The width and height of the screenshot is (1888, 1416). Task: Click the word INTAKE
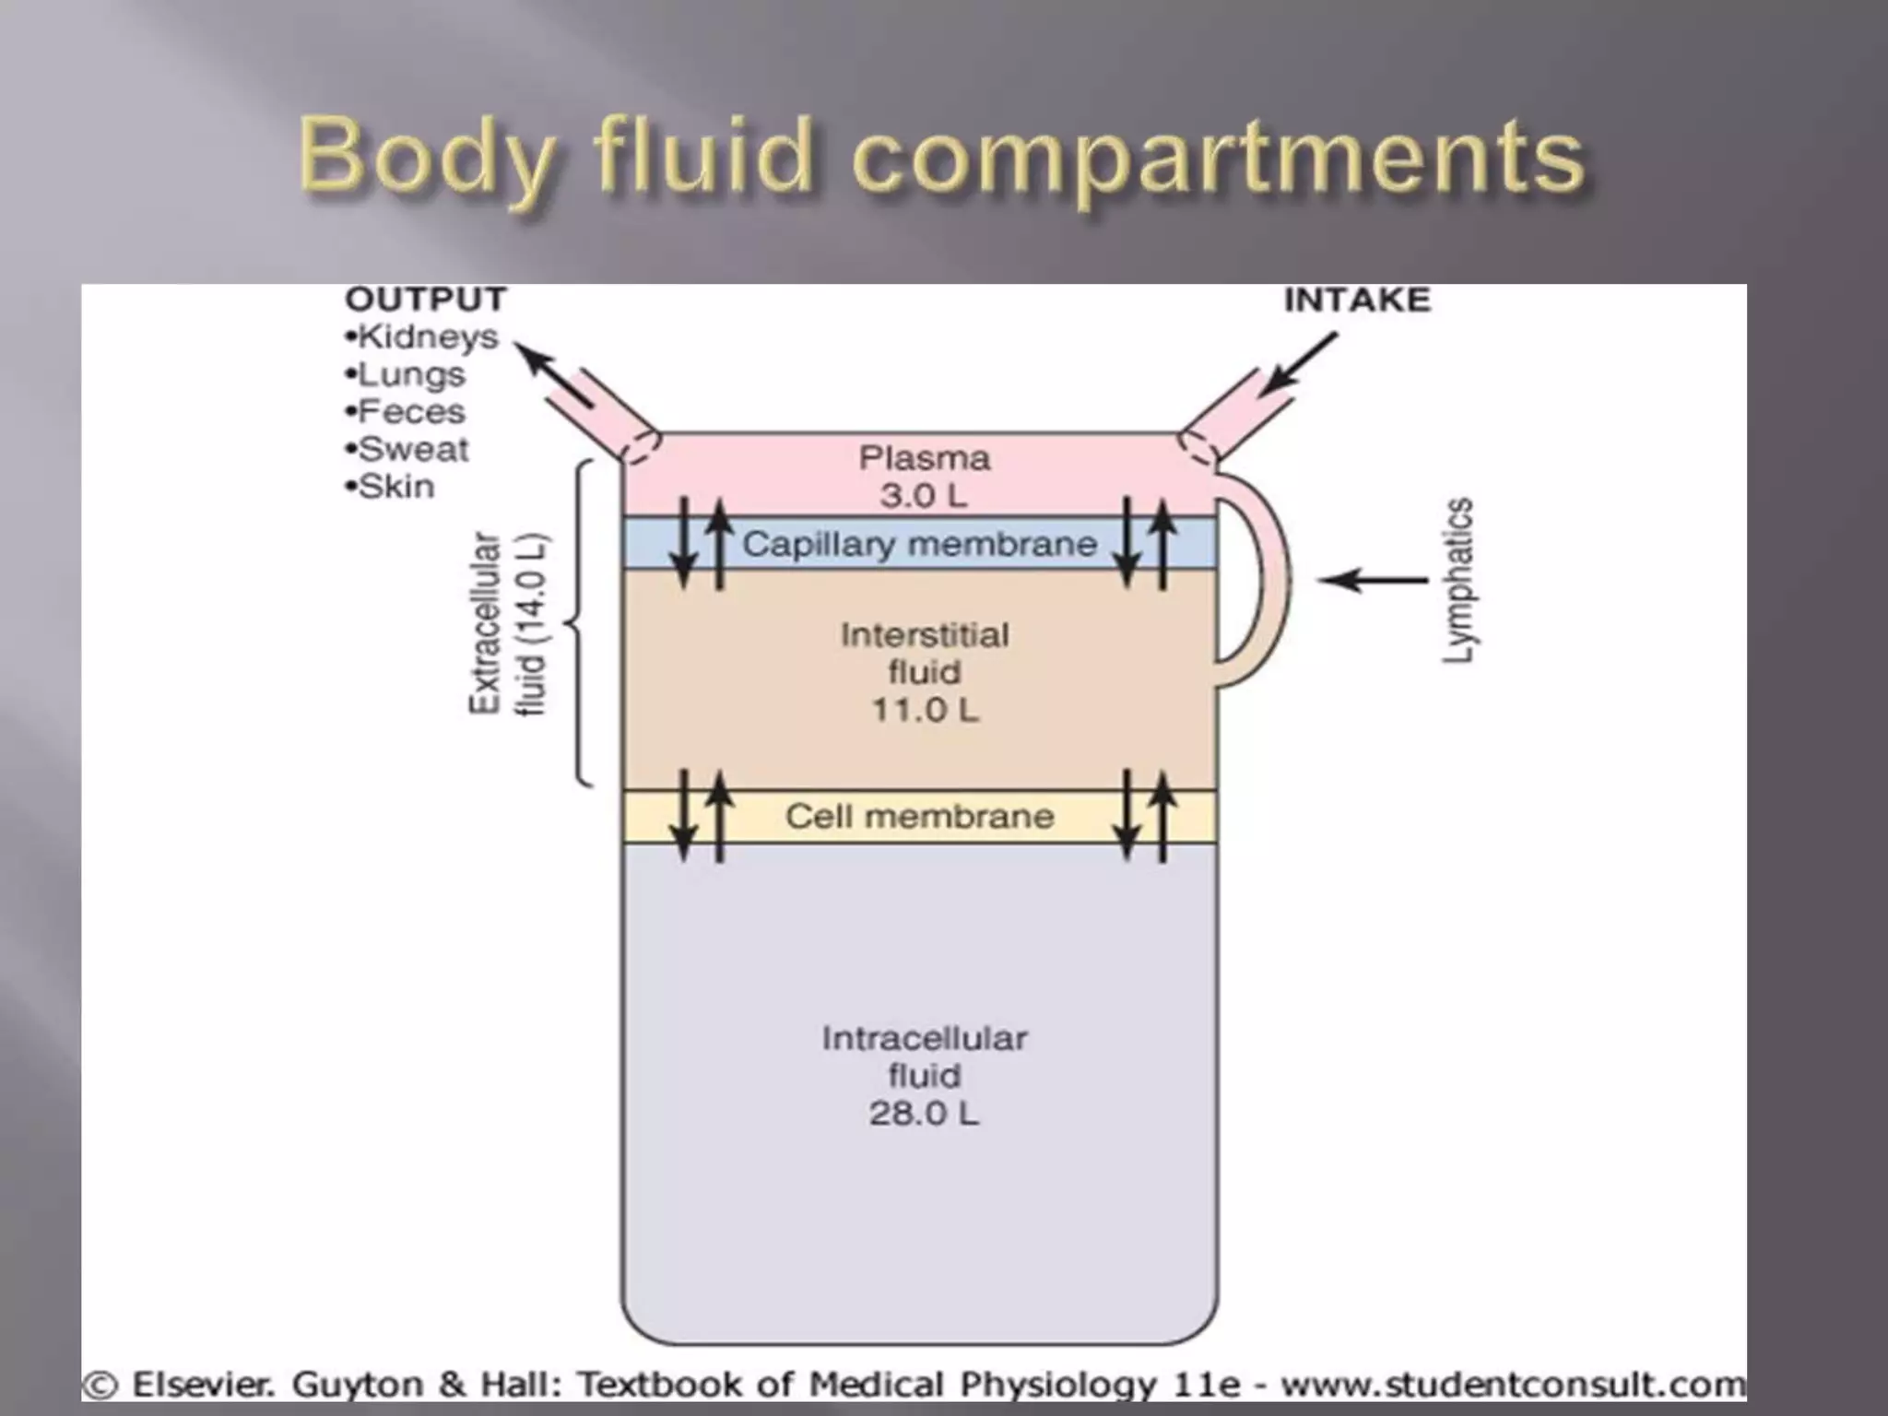(1357, 301)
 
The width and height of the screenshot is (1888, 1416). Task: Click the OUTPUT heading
(425, 300)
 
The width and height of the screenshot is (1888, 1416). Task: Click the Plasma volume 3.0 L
(924, 496)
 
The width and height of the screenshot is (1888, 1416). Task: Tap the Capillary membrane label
(919, 544)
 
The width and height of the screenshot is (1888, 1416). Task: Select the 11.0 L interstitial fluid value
(925, 710)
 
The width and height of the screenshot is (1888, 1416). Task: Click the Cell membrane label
(919, 817)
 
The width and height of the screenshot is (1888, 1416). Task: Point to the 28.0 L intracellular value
(924, 1114)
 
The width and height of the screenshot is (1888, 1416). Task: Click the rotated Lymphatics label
(1457, 580)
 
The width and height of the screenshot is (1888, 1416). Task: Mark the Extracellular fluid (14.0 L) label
(508, 623)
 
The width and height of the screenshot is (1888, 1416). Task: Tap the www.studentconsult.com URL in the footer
(1513, 1384)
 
